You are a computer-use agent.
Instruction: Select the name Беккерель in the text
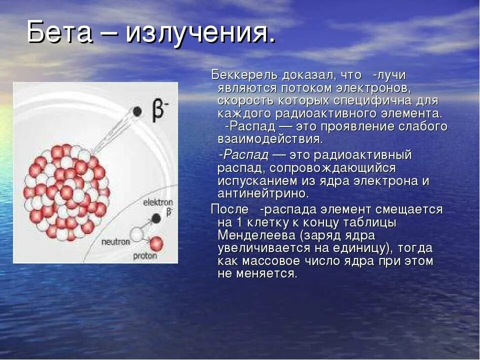(243, 75)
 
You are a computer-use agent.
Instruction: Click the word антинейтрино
(263, 193)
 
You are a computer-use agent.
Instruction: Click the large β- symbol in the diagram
(158, 110)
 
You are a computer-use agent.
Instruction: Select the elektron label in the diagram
(157, 202)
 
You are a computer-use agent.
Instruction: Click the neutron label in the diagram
(115, 242)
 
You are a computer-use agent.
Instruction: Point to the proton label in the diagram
(145, 256)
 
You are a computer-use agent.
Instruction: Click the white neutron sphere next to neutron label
(136, 233)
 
